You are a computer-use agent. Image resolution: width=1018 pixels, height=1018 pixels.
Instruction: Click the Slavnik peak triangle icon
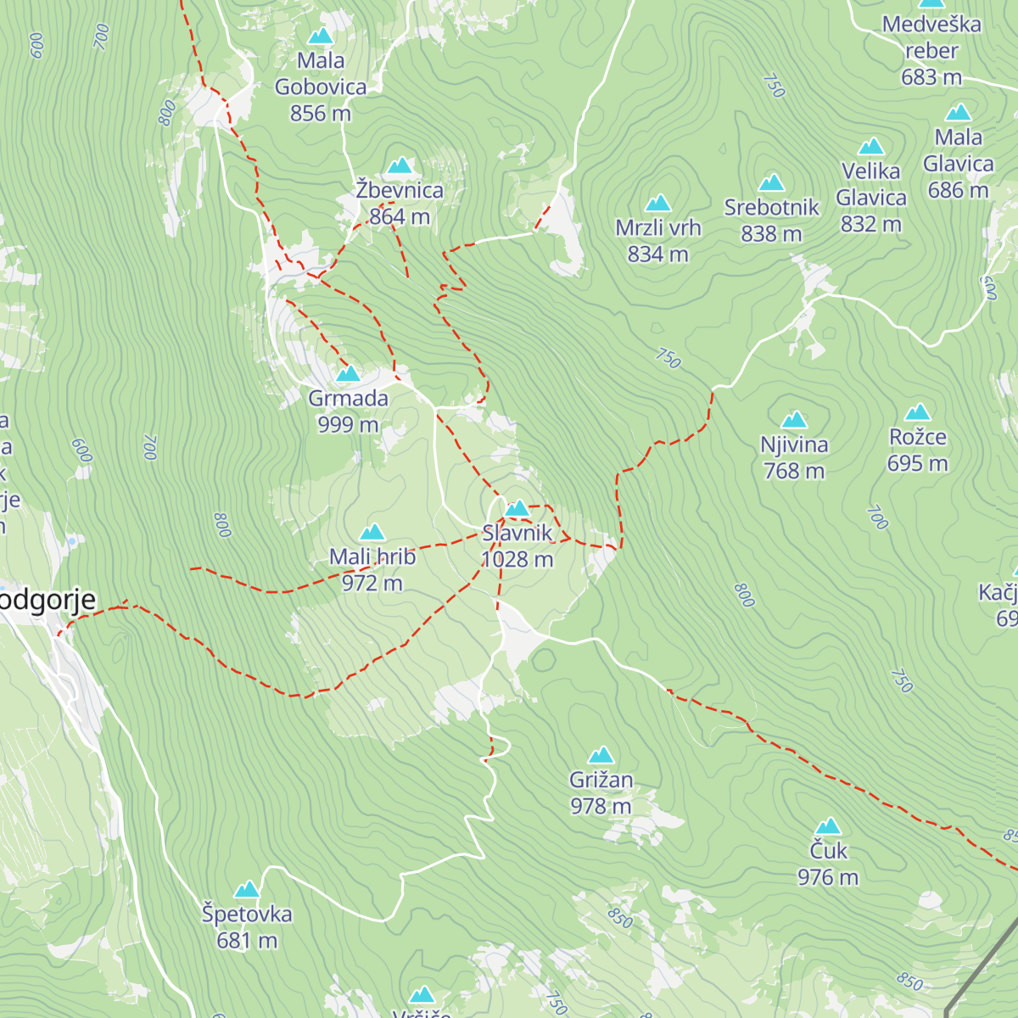pyautogui.click(x=517, y=509)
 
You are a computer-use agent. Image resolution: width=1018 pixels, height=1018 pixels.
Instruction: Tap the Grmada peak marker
pyautogui.click(x=348, y=374)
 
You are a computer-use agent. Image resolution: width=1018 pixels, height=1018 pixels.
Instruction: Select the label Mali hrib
pyautogui.click(x=372, y=557)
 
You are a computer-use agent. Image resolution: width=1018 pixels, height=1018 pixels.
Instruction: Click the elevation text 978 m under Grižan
pyautogui.click(x=601, y=806)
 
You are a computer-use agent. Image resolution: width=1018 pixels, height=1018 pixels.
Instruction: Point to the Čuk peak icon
pyautogui.click(x=828, y=826)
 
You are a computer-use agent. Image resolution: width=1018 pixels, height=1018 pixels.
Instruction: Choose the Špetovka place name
pyautogui.click(x=247, y=915)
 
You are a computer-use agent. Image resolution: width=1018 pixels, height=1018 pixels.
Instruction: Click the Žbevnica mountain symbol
pyautogui.click(x=400, y=165)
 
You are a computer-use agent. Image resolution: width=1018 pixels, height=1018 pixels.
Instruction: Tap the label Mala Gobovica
pyautogui.click(x=321, y=74)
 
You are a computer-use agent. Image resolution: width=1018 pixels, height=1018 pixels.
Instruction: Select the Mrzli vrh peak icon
pyautogui.click(x=658, y=203)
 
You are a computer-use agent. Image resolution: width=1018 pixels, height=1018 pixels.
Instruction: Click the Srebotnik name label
pyautogui.click(x=771, y=208)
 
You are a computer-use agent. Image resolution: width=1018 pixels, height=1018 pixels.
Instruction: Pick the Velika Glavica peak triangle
pyautogui.click(x=871, y=147)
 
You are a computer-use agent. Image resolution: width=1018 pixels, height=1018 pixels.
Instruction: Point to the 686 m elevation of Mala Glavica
pyautogui.click(x=958, y=190)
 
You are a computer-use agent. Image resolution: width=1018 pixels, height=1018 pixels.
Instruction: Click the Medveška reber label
pyautogui.click(x=931, y=37)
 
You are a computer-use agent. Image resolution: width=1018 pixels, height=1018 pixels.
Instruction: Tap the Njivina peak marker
pyautogui.click(x=794, y=420)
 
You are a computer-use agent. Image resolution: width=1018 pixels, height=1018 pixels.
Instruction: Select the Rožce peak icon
pyautogui.click(x=918, y=413)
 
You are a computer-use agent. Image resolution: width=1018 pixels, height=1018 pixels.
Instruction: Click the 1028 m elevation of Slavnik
pyautogui.click(x=517, y=560)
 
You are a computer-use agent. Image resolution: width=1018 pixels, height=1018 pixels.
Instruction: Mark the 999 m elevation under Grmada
pyautogui.click(x=348, y=424)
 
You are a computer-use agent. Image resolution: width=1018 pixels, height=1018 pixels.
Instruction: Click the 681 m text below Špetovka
pyautogui.click(x=247, y=941)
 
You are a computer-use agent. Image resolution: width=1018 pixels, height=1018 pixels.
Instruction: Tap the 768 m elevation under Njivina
pyautogui.click(x=794, y=471)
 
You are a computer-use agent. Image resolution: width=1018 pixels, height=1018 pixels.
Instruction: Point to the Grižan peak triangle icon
pyautogui.click(x=601, y=755)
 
